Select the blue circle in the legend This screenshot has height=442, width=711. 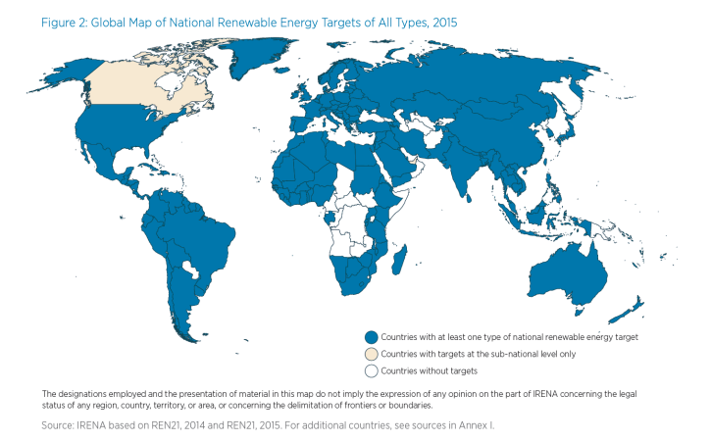coord(371,336)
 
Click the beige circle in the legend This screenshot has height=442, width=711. coord(371,354)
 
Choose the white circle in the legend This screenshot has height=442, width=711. coord(371,370)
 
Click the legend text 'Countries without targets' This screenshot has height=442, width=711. coord(429,371)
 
